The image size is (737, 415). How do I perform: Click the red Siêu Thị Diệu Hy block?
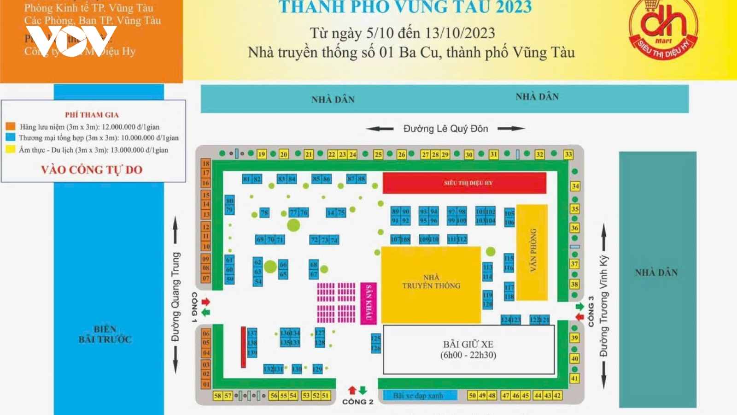pyautogui.click(x=464, y=183)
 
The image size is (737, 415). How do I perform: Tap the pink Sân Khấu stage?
pyautogui.click(x=368, y=303)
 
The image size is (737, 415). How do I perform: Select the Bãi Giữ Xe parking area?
pyautogui.click(x=468, y=350)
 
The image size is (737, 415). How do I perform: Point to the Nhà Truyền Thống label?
pyautogui.click(x=431, y=282)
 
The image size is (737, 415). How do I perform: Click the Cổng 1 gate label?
pyautogui.click(x=194, y=307)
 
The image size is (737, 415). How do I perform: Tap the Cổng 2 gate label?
pyautogui.click(x=357, y=402)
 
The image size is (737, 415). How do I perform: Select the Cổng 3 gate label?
pyautogui.click(x=591, y=312)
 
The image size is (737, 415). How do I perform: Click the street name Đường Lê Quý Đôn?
pyautogui.click(x=445, y=129)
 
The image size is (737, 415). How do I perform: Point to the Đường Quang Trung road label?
pyautogui.click(x=175, y=297)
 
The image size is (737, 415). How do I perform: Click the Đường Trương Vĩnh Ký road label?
pyautogui.click(x=603, y=306)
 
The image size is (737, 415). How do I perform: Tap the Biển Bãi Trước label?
pyautogui.click(x=105, y=334)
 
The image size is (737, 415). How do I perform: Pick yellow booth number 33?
pyautogui.click(x=568, y=154)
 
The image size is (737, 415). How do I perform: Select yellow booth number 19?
pyautogui.click(x=262, y=154)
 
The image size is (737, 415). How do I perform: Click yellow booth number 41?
pyautogui.click(x=574, y=378)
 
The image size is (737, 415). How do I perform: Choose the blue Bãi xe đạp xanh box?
pyautogui.click(x=419, y=396)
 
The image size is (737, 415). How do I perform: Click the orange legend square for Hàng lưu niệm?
pyautogui.click(x=11, y=126)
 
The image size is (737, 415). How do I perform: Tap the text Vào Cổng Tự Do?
pyautogui.click(x=92, y=170)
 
